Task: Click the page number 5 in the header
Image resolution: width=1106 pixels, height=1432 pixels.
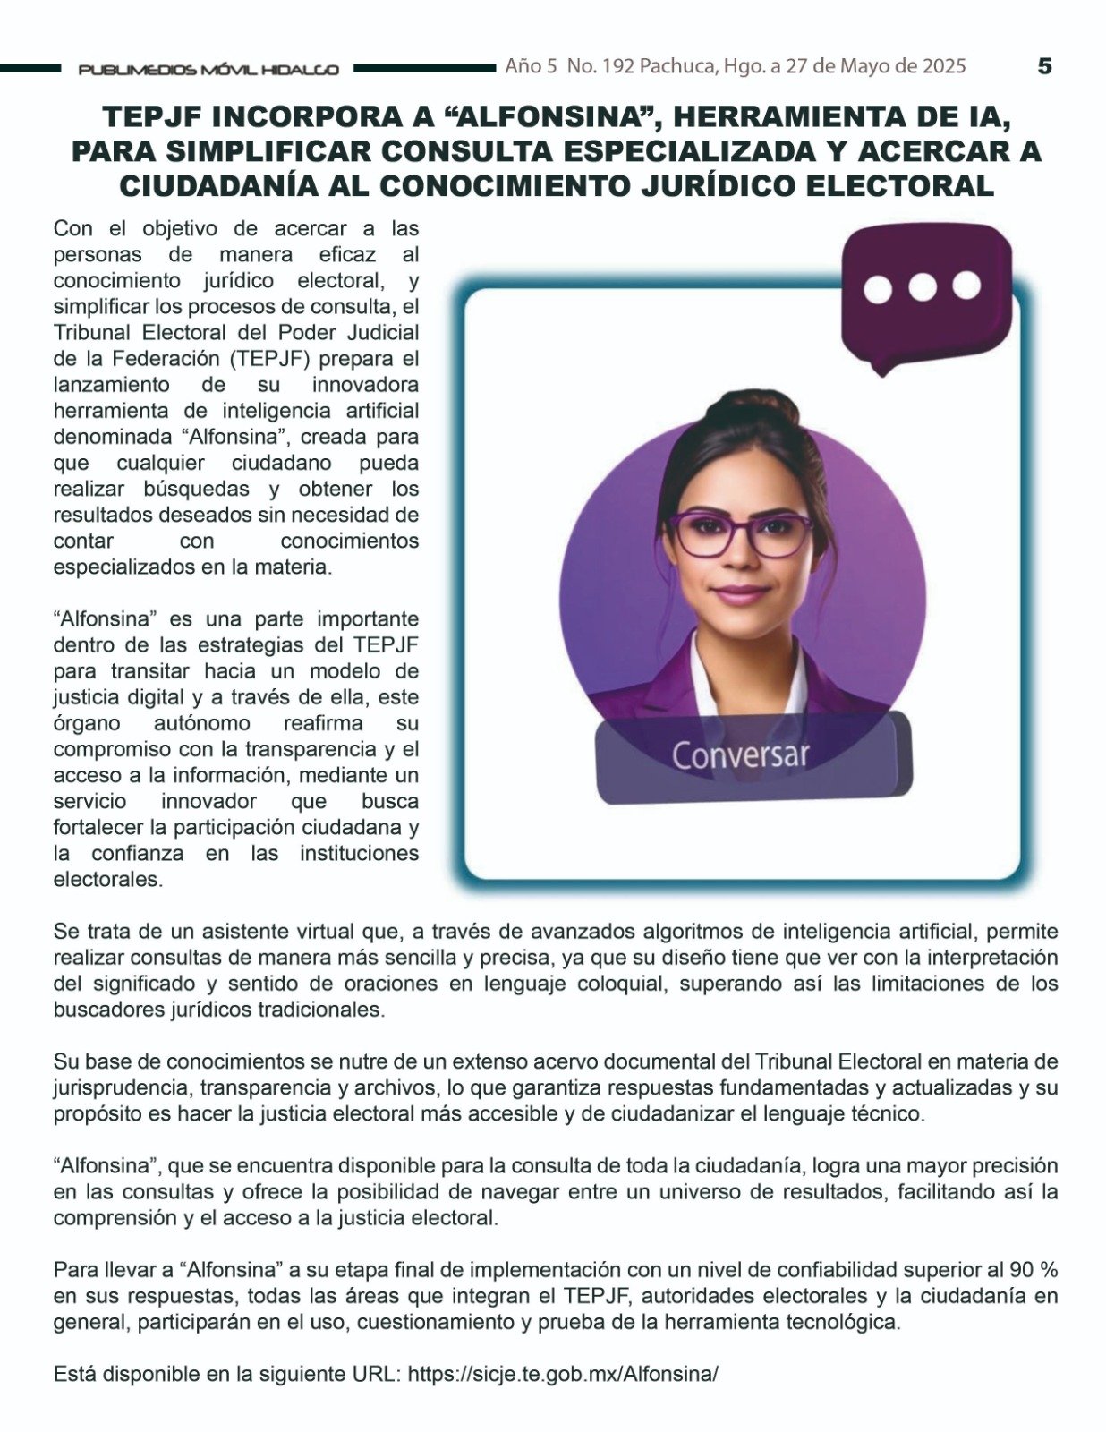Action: coord(1044,66)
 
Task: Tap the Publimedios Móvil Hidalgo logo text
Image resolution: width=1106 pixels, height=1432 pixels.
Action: coord(208,70)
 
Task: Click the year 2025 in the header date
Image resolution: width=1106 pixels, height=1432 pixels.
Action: coord(941,66)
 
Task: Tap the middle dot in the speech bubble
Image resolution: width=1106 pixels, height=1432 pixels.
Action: coord(923,286)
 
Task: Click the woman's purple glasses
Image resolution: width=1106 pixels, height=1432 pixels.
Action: coord(741,533)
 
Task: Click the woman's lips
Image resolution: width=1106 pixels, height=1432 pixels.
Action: coord(740,594)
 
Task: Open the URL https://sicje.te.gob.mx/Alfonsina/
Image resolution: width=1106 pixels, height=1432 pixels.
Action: coord(563,1374)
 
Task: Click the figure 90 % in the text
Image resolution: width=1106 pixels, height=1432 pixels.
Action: coord(1034,1269)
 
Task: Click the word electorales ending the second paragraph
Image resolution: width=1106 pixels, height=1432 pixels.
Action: coord(107,879)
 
